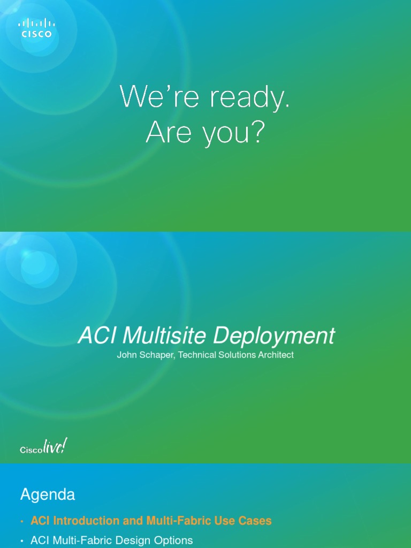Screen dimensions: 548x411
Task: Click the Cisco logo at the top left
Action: click(36, 28)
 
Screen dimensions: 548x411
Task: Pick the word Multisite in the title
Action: click(165, 336)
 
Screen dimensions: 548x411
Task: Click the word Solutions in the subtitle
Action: click(234, 355)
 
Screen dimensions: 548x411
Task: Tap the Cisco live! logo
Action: click(43, 447)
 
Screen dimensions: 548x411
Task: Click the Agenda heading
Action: click(48, 494)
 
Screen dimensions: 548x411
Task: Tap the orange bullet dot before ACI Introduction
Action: click(22, 521)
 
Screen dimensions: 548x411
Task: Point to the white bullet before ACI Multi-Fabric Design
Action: click(22, 541)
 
